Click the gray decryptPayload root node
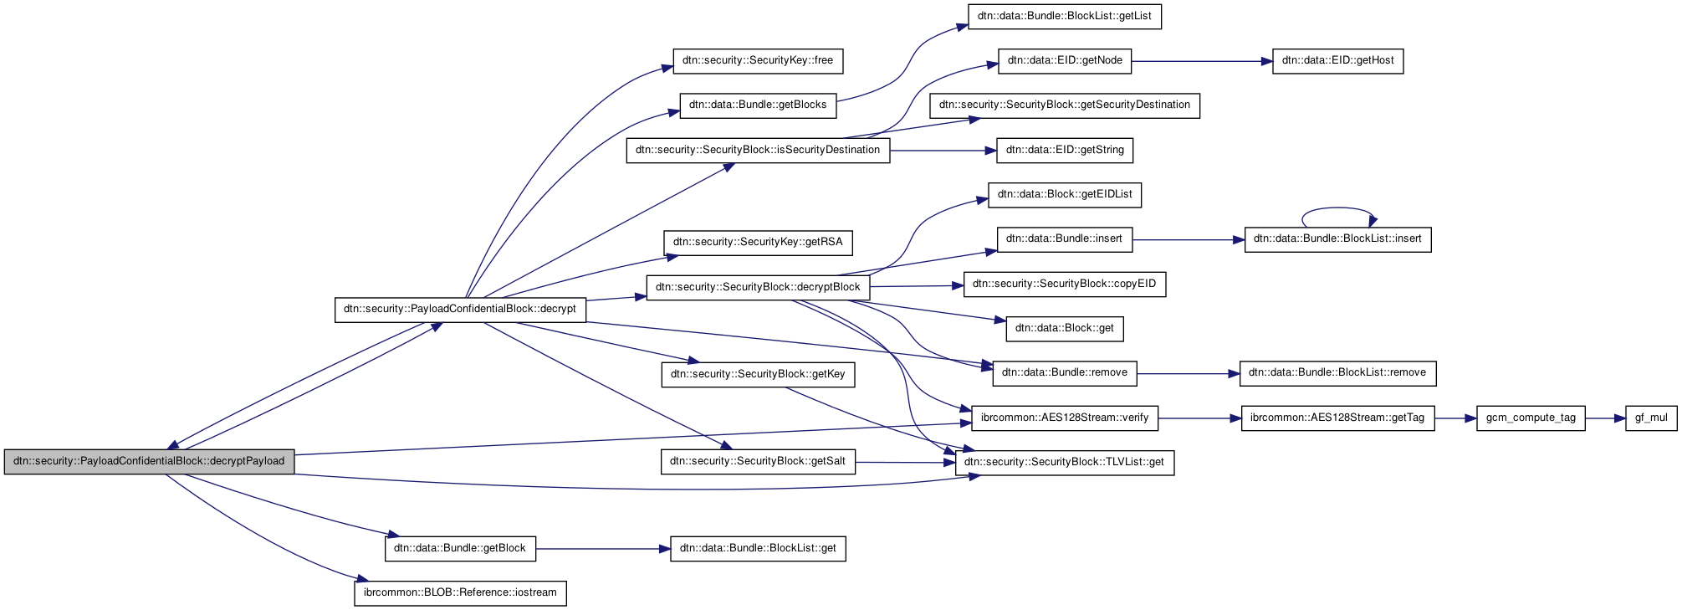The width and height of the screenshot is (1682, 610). point(149,461)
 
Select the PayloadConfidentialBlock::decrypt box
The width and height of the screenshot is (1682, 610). point(460,309)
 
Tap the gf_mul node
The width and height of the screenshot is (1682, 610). point(1650,418)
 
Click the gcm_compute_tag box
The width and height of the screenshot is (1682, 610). point(1531,418)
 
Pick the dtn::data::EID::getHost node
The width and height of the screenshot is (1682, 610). point(1337,61)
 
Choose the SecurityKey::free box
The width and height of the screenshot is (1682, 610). point(758,61)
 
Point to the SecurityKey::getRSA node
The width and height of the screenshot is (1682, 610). point(758,243)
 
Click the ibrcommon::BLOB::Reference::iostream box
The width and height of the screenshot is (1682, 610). point(460,593)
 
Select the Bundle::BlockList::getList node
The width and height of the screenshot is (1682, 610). point(1064,16)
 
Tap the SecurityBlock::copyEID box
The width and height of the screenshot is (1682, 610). point(1064,284)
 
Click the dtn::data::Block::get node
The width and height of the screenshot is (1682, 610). point(1064,329)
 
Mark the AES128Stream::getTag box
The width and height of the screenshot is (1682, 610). point(1337,418)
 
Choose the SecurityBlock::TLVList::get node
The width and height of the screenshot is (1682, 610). point(1064,462)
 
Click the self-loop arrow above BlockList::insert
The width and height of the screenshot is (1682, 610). point(1337,208)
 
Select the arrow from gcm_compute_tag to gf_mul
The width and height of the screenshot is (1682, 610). point(1605,418)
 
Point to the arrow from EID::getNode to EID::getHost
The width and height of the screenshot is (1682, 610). point(1201,61)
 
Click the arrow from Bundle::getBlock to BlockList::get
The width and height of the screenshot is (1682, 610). point(602,549)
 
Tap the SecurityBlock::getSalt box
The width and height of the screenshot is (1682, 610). point(758,462)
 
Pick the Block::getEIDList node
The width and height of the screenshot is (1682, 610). point(1064,195)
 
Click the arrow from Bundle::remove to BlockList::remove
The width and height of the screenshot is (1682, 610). point(1188,373)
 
